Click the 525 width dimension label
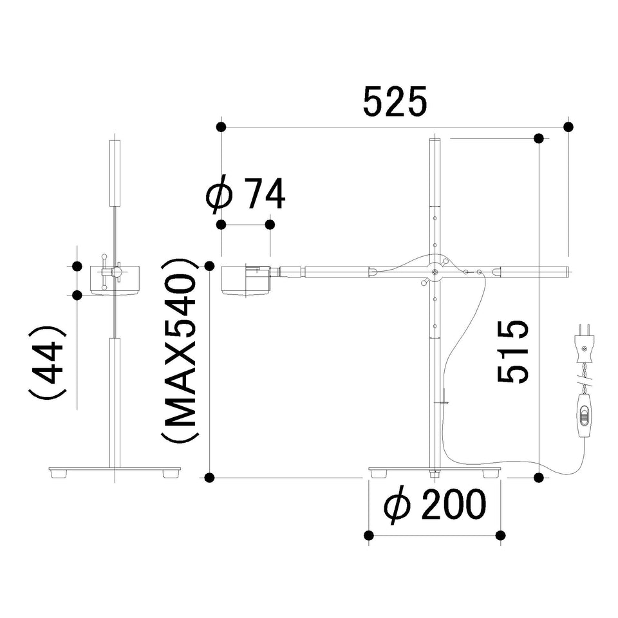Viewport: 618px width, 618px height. pyautogui.click(x=395, y=102)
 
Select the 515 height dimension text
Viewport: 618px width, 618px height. pyautogui.click(x=512, y=351)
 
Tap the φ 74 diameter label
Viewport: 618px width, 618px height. pyautogui.click(x=245, y=194)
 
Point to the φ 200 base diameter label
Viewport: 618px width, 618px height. pyautogui.click(x=435, y=506)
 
